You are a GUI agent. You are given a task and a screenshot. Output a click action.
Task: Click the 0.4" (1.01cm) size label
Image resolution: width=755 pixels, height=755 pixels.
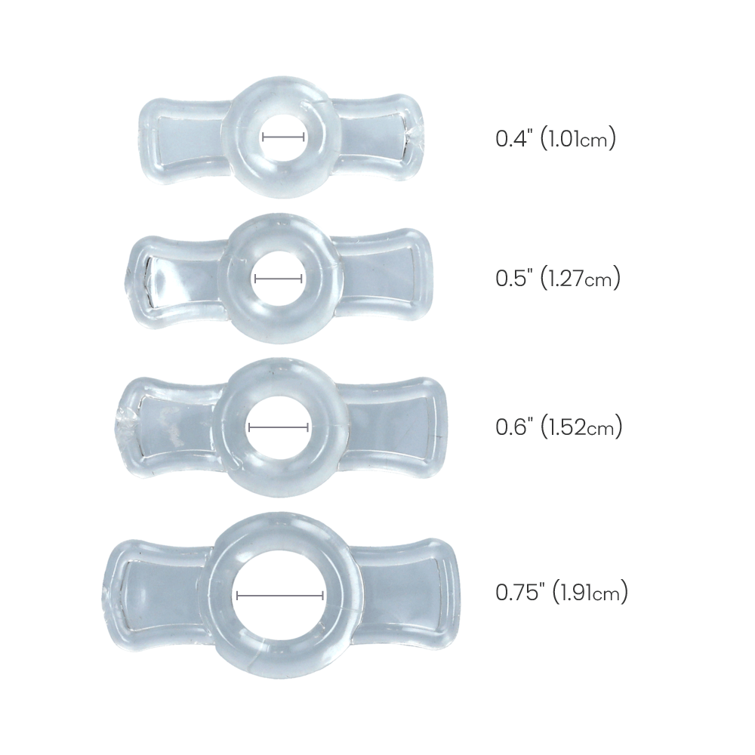tap(556, 139)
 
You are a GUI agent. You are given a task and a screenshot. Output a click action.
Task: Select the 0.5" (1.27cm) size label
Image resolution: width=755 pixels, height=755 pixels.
tap(557, 279)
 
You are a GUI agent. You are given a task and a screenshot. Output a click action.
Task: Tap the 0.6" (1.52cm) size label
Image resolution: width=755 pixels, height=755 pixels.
tap(558, 428)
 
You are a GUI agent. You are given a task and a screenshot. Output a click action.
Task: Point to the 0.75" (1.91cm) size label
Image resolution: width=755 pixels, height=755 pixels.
tap(561, 593)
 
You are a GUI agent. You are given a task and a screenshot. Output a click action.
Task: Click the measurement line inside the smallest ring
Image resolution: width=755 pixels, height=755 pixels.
tap(283, 137)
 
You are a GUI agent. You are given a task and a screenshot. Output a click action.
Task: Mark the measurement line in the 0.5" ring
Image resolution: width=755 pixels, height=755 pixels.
tap(279, 279)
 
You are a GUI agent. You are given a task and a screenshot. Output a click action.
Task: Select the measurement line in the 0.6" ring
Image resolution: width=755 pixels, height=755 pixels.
tap(279, 427)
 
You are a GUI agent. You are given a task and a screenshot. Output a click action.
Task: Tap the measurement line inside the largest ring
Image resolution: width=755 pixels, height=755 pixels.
tap(280, 596)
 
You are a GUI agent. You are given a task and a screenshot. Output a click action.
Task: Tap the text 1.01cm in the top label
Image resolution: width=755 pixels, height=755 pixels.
tap(580, 140)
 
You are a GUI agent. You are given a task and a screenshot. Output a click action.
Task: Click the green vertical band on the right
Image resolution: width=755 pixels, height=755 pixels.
tap(707, 377)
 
